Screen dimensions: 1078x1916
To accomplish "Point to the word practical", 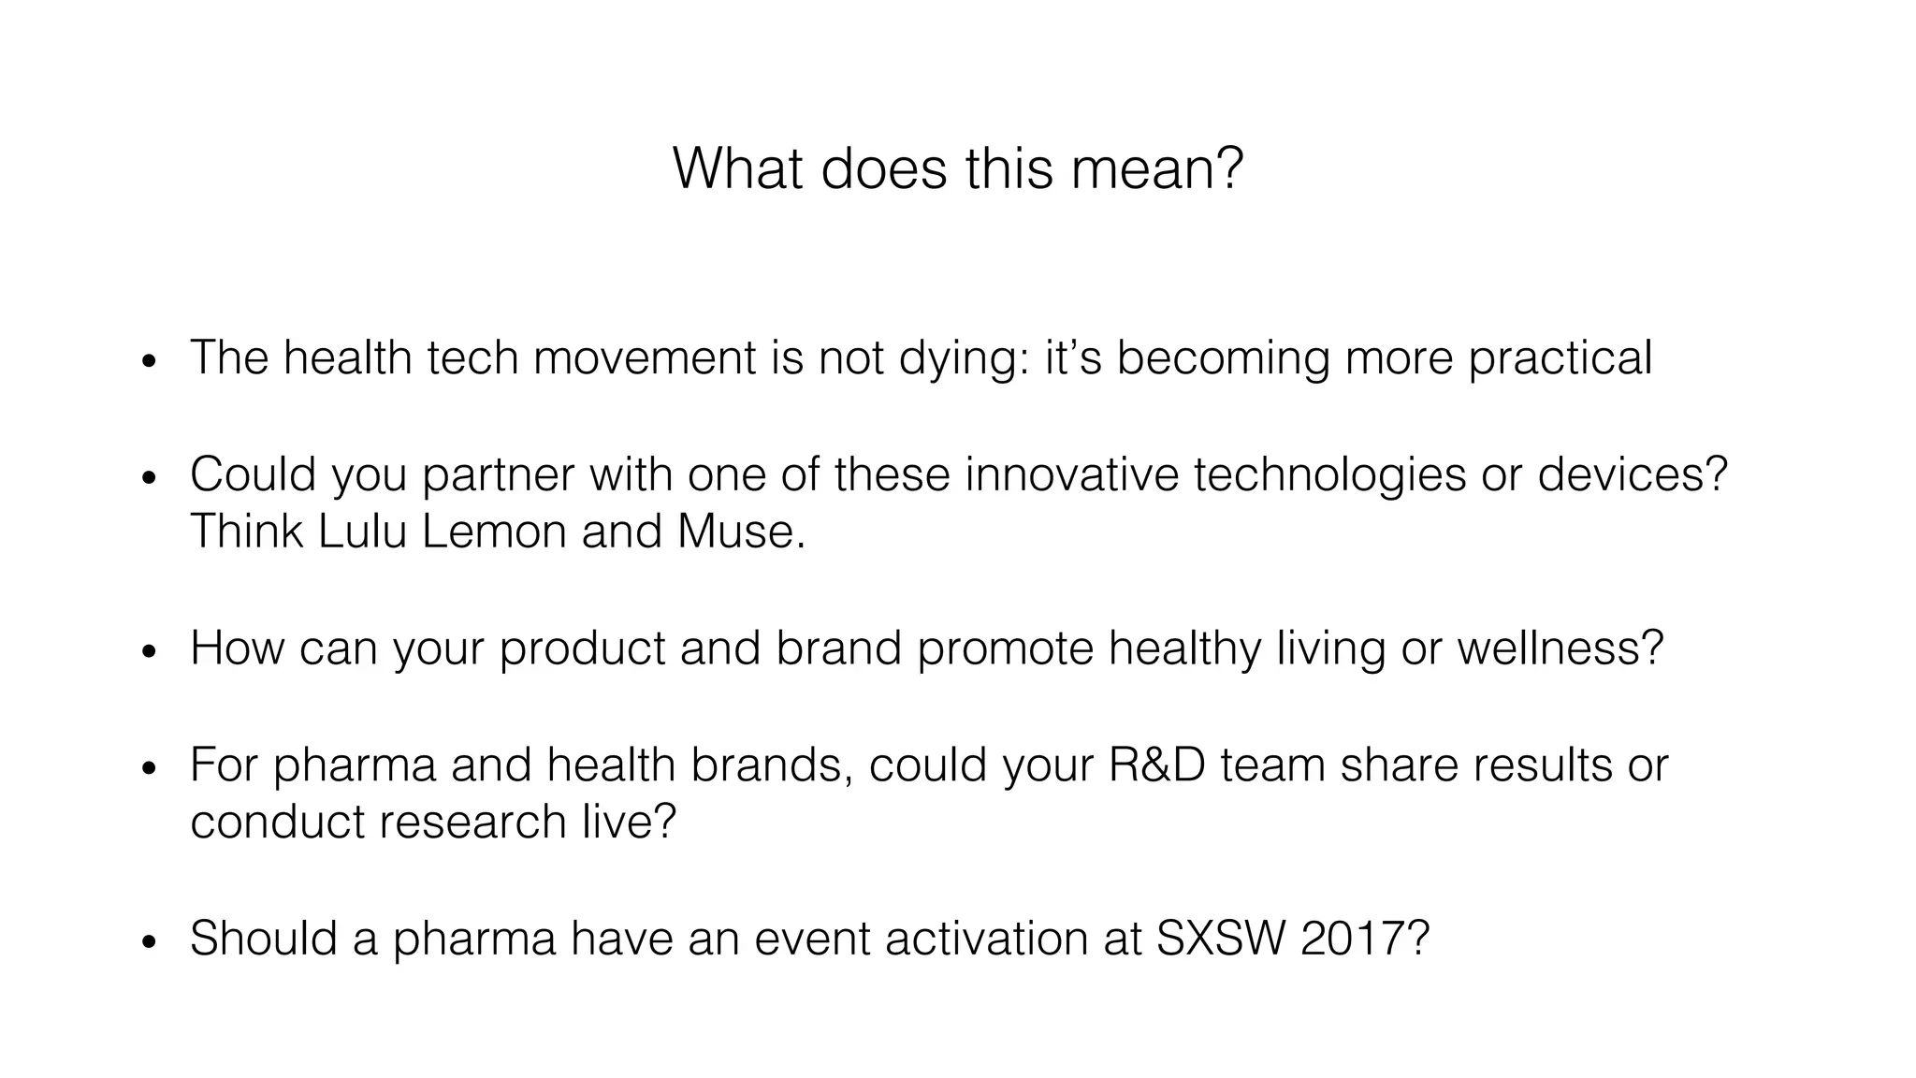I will click(x=1560, y=358).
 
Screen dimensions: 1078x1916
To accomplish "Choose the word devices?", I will click(x=1633, y=474).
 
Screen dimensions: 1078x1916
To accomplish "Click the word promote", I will click(x=1005, y=648).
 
